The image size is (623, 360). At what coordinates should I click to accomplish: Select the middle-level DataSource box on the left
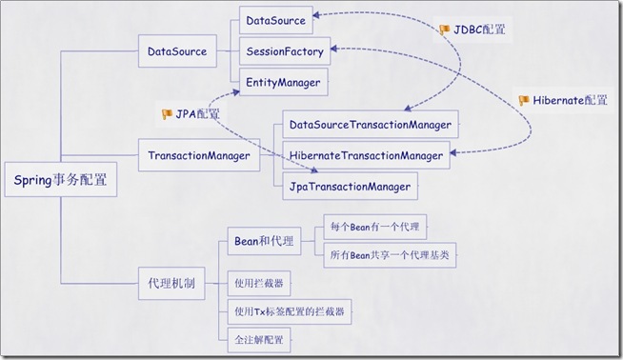coord(177,51)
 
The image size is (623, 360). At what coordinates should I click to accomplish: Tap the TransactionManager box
coord(198,153)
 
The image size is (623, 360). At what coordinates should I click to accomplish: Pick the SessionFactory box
coord(284,51)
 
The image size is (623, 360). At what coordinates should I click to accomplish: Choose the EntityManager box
coord(282,83)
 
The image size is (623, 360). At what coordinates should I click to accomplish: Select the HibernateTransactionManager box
coord(366,155)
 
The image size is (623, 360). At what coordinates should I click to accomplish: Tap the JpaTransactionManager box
coord(349,187)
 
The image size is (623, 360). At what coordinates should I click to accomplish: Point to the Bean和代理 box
coord(265,241)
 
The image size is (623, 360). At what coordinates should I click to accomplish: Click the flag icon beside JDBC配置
coord(444,30)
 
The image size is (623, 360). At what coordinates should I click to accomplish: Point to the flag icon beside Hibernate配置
coord(525,100)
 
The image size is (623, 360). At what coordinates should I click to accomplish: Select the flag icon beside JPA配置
coord(168,114)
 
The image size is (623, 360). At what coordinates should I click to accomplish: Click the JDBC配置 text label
coord(480,30)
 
